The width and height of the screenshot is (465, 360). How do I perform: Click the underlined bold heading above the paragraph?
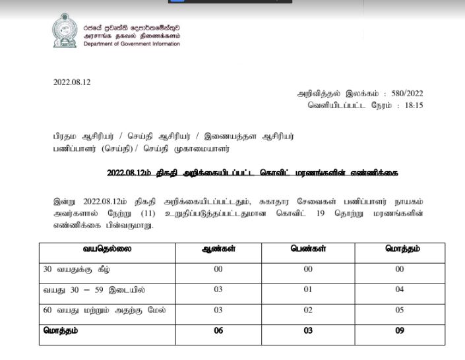252,173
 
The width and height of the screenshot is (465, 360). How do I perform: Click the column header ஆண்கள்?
218,249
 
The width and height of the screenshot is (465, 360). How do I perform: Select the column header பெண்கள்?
308,249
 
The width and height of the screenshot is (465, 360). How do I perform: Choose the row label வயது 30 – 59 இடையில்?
94,289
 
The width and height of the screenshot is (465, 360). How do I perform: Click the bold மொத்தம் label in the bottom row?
60,330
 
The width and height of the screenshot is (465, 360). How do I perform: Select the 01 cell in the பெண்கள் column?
308,289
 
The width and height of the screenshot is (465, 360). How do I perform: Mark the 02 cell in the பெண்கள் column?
308,310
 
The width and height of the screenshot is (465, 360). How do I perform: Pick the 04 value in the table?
400,289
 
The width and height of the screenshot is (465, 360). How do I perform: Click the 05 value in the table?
400,310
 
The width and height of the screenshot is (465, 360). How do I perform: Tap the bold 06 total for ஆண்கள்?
218,330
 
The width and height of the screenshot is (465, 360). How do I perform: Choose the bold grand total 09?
400,330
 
